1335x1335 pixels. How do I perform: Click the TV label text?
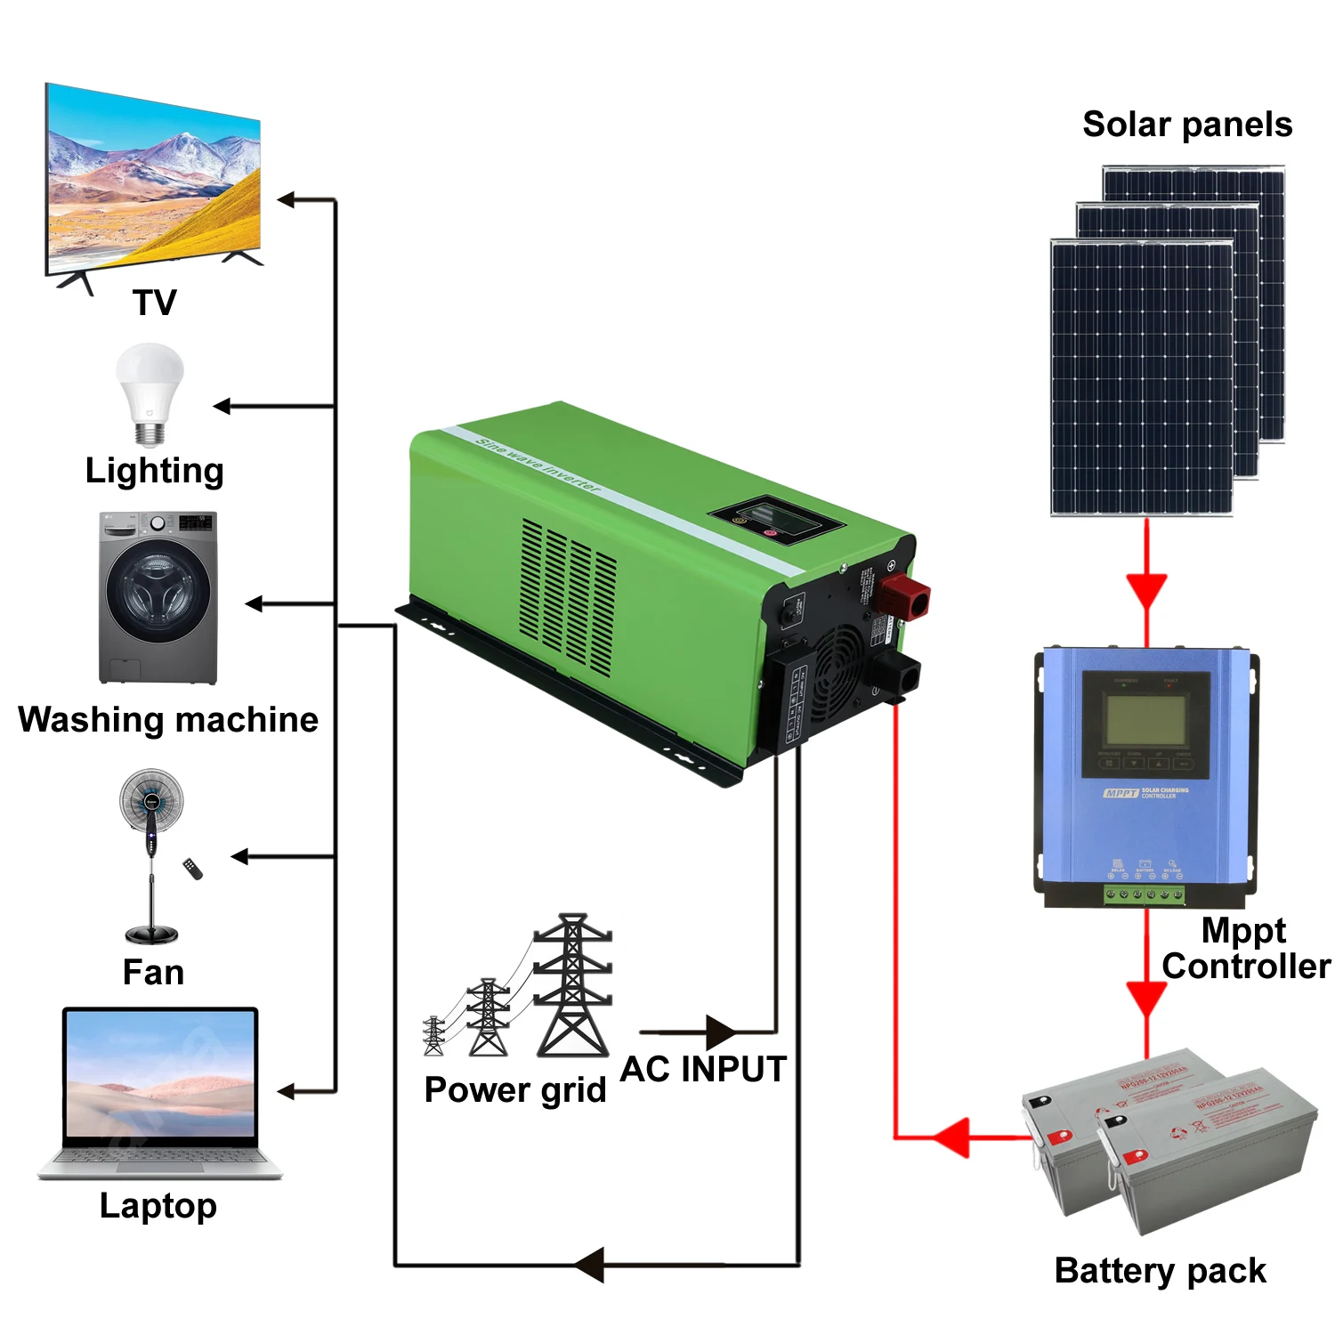[x=155, y=303]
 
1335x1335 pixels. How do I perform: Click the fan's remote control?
[x=192, y=868]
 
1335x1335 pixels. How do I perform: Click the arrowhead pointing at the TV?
[x=287, y=200]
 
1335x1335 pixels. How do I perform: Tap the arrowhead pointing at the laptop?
[x=287, y=1091]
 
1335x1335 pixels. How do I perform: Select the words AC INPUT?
[x=703, y=1069]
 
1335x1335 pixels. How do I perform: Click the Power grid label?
[x=515, y=1089]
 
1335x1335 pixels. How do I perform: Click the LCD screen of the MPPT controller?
[x=1145, y=719]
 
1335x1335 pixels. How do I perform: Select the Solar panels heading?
[x=1187, y=125]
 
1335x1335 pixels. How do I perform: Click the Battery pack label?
[x=1160, y=1270]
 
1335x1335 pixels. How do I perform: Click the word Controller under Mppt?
[x=1246, y=966]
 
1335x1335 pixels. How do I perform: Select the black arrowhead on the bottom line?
[x=589, y=1265]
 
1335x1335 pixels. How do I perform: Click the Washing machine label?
[x=168, y=719]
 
